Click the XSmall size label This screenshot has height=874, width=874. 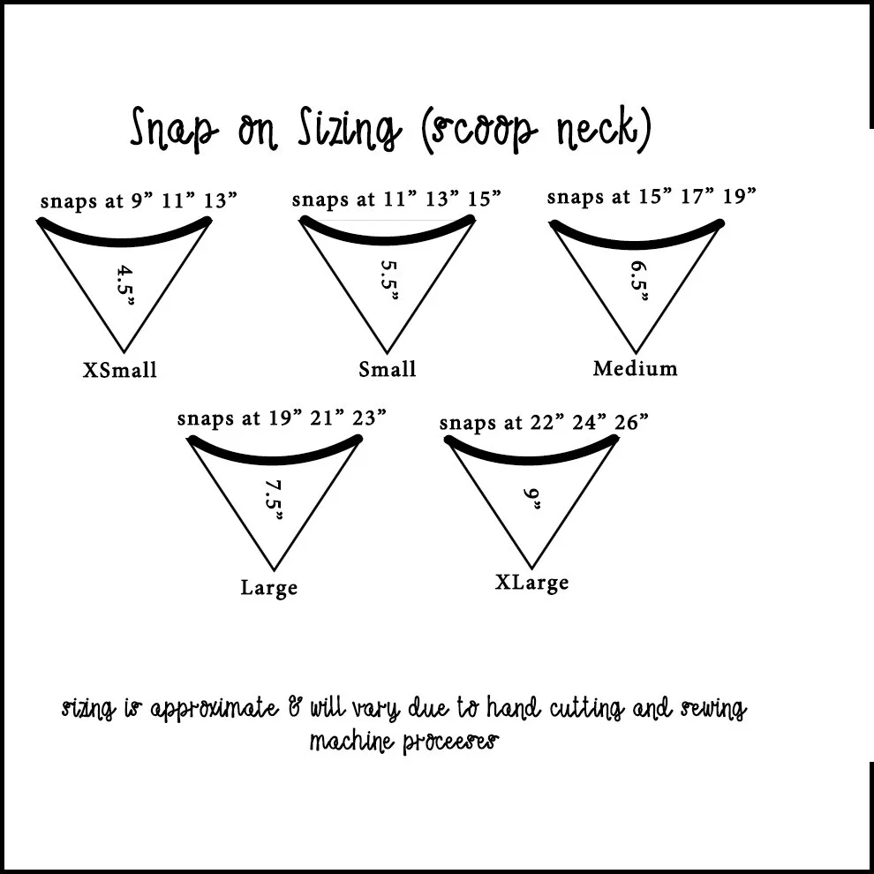coord(120,369)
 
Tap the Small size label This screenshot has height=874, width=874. coord(387,369)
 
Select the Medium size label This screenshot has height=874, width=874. coord(635,368)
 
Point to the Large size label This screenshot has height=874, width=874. coord(269,588)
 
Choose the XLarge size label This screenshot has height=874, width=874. coord(531,583)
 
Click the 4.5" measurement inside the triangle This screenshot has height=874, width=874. coord(125,284)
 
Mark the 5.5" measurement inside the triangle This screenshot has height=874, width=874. coord(388,279)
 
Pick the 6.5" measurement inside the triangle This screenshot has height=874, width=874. coord(638,281)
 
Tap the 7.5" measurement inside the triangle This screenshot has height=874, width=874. coord(273,500)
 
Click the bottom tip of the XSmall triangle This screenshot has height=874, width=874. coord(124,351)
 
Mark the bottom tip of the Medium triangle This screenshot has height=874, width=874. coord(635,351)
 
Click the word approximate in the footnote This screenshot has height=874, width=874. coord(213,709)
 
